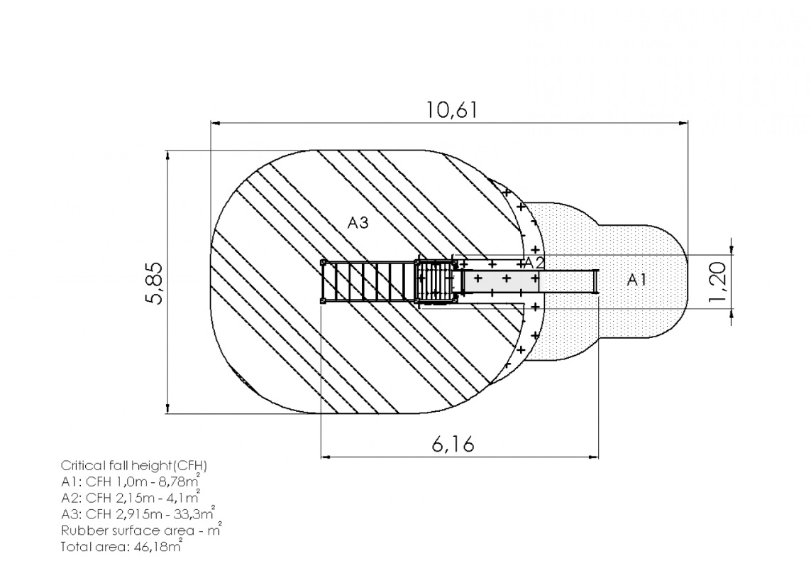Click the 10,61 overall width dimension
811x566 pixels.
(451, 110)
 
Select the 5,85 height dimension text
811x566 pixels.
(154, 283)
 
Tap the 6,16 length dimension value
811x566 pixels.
(453, 444)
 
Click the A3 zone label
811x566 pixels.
(358, 223)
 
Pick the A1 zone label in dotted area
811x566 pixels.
(636, 280)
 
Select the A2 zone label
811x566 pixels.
(534, 263)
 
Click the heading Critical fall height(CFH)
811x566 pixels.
(134, 466)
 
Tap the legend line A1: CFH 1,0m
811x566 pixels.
(131, 481)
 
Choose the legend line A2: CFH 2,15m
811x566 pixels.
(131, 498)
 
